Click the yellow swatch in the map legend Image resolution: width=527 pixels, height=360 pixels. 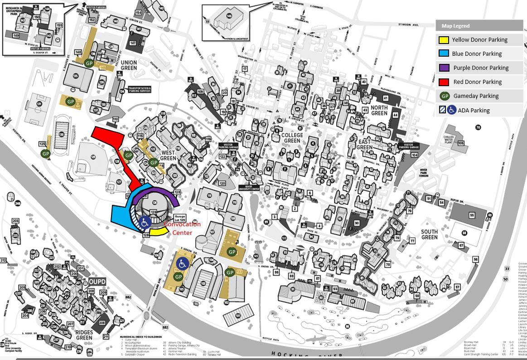click(444, 40)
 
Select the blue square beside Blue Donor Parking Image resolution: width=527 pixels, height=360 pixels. click(444, 54)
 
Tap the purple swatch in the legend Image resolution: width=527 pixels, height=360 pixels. click(444, 68)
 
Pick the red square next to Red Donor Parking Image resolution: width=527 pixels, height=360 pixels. click(444, 82)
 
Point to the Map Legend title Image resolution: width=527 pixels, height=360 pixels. click(455, 26)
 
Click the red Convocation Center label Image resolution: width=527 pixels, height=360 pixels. click(182, 228)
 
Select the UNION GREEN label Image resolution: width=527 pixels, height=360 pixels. click(129, 65)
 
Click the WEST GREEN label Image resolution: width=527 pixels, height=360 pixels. click(168, 156)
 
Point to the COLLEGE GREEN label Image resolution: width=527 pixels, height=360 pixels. click(292, 138)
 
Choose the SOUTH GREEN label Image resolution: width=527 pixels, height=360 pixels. click(429, 234)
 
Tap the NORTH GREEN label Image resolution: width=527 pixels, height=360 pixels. click(379, 110)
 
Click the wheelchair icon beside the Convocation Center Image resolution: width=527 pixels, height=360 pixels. click(145, 222)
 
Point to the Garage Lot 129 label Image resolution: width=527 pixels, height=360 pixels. click(180, 218)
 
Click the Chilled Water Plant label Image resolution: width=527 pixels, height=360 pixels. click(449, 139)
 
